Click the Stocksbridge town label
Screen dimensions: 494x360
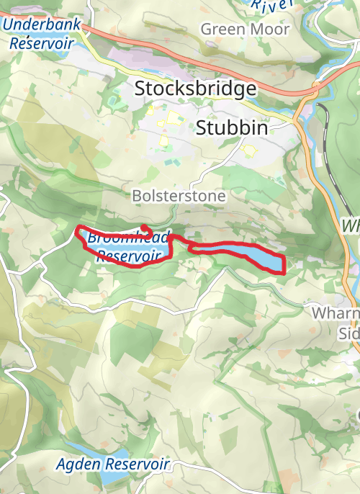coord(195,89)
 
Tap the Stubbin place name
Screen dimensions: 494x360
coord(232,128)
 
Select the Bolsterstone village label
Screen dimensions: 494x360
coord(179,196)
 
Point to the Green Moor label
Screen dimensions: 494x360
coord(245,30)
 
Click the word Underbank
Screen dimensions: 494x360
coord(33,24)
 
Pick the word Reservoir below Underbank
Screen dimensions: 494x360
coord(41,42)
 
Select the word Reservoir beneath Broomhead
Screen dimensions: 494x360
coord(127,255)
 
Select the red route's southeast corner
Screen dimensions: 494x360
coord(284,272)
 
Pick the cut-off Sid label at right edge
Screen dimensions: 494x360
coord(348,333)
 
